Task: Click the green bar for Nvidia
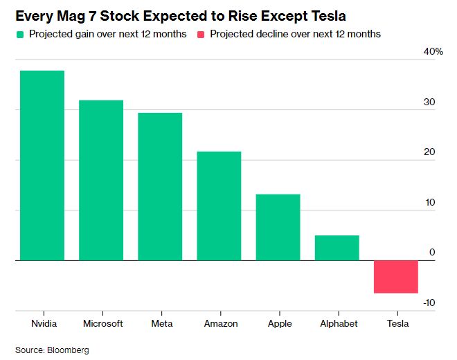(42, 165)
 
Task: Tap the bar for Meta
(160, 186)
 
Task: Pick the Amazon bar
(219, 206)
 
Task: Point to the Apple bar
(278, 227)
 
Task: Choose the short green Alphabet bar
(337, 248)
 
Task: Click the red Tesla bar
(396, 276)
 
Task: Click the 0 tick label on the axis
(432, 253)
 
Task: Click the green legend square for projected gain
(19, 34)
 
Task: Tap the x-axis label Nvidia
(44, 323)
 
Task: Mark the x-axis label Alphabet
(338, 323)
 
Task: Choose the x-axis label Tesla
(397, 323)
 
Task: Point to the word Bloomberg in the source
(69, 350)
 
